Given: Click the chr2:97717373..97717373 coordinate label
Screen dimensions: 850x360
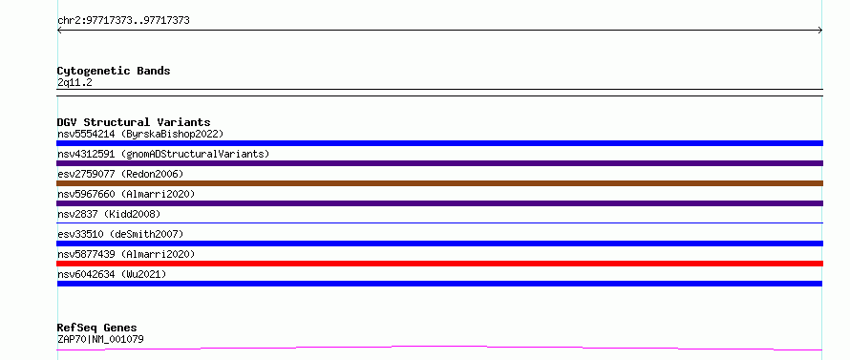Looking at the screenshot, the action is (123, 21).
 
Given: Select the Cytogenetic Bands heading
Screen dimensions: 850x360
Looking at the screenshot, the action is (114, 71).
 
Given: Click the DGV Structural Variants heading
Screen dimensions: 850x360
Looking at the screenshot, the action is (134, 122).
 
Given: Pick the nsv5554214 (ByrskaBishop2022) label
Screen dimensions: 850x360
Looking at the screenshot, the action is (140, 134).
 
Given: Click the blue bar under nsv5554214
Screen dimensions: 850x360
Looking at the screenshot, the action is (439, 143).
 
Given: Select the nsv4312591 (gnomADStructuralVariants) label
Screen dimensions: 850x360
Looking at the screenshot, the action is (163, 154).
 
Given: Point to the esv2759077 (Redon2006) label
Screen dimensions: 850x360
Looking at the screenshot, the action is (120, 174).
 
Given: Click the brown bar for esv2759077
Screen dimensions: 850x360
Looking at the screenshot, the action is (439, 183).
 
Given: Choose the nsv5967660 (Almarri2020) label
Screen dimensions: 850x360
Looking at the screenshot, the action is (126, 194).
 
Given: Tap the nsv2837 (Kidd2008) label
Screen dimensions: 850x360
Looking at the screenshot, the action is (109, 214).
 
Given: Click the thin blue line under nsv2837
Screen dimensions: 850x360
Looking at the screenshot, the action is (439, 222).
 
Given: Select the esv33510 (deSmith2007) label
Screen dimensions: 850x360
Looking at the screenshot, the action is (120, 234).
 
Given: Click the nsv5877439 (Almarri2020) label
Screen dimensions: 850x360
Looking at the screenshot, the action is (126, 254).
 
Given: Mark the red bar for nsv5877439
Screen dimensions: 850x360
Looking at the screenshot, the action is (439, 264).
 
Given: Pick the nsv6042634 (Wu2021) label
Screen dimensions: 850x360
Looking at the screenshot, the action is (112, 274).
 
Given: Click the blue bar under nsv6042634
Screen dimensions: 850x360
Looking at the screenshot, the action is (439, 284).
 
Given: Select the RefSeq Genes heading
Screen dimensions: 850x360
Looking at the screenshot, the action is (96, 328).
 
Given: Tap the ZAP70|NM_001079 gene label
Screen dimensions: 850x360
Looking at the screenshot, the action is (100, 340).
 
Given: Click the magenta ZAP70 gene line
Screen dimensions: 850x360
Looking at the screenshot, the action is (439, 347).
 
